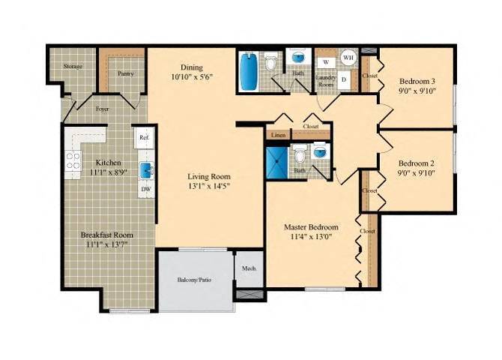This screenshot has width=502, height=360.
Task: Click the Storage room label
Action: (73, 67)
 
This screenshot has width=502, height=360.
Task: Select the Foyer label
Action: (102, 108)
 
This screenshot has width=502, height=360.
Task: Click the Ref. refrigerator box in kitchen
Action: (145, 137)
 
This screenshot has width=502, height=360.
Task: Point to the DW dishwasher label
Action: (145, 189)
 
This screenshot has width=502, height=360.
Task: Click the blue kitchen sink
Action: (148, 169)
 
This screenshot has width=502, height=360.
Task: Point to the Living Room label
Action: (208, 177)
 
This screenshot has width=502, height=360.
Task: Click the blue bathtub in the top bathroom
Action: (248, 70)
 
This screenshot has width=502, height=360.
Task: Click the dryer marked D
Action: (344, 79)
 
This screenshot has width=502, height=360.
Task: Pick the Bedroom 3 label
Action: (417, 80)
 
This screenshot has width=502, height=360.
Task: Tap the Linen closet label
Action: (278, 135)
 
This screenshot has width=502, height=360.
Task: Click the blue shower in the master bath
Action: (277, 159)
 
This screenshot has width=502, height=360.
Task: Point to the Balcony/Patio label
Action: (194, 280)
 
